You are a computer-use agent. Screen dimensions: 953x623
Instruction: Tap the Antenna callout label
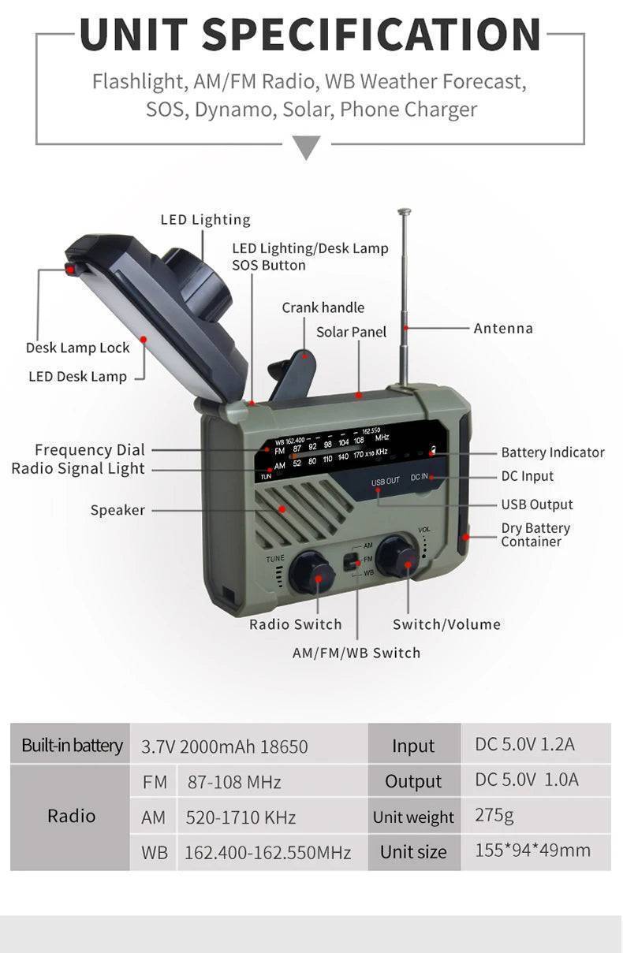pos(502,328)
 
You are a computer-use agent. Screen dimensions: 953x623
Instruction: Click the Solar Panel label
pos(351,332)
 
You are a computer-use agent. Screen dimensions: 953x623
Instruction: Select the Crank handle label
pos(323,307)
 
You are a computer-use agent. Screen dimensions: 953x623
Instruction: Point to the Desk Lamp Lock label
pos(77,348)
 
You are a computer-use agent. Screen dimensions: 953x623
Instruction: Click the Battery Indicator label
pos(552,452)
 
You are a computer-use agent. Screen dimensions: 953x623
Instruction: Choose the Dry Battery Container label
pos(535,534)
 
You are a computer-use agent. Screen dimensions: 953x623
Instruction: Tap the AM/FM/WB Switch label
pos(356,653)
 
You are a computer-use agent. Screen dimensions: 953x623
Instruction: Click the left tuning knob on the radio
pos(311,573)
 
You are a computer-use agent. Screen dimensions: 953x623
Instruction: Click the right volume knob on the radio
pos(397,557)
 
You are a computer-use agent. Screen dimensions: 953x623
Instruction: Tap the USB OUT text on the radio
pos(386,481)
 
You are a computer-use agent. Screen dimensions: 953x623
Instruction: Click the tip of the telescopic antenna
pos(404,211)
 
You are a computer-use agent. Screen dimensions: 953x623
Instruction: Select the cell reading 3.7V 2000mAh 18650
pos(224,746)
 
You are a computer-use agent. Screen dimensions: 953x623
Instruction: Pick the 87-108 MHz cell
pos(233,783)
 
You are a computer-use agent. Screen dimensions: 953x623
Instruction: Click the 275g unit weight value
pos(494,814)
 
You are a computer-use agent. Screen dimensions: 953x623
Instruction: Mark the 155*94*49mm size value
pos(532,851)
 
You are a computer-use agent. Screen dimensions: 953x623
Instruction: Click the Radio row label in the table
pos(71,816)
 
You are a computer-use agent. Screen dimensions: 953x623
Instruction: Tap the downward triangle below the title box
pos(307,147)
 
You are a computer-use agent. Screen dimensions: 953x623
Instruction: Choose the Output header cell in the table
pos(413,782)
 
